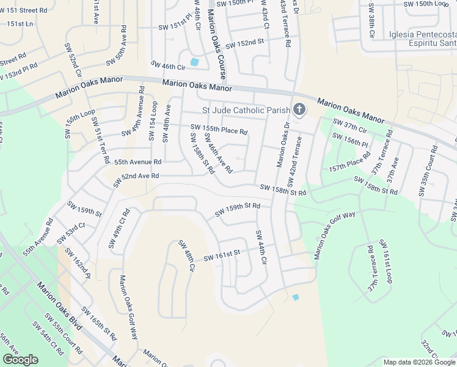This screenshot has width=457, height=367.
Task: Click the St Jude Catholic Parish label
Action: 246,111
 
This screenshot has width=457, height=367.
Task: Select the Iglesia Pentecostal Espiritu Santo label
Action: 422,40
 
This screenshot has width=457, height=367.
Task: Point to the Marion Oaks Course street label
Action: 219,43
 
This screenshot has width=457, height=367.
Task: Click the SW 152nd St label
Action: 244,45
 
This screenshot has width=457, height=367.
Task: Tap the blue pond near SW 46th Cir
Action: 194,62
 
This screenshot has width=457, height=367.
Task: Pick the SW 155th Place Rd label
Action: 219,129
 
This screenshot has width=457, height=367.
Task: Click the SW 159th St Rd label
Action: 238,210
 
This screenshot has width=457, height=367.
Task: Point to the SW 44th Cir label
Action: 261,247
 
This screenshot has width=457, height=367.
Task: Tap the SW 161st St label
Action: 222,254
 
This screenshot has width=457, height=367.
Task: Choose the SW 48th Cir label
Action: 186,256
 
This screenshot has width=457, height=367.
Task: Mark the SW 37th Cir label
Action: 349,126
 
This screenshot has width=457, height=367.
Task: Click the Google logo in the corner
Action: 20,359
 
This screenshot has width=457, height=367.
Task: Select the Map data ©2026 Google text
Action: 419,362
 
